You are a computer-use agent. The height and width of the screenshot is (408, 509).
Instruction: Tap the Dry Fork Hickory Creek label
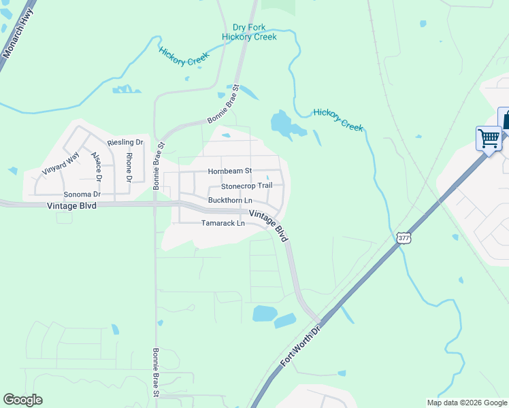point(249,32)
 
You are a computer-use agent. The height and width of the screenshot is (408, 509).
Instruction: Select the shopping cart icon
point(489,138)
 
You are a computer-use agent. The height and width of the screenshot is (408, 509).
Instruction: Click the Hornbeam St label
point(230,171)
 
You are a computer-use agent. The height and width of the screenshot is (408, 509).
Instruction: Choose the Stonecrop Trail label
point(246,186)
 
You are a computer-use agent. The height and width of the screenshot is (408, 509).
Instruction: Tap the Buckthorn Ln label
point(230,201)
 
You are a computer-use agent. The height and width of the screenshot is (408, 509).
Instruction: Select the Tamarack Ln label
point(223,223)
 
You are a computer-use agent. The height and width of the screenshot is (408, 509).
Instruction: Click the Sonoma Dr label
point(78,194)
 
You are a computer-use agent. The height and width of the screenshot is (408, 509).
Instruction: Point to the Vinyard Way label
point(60,163)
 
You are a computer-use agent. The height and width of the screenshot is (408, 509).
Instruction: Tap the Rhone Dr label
point(129,167)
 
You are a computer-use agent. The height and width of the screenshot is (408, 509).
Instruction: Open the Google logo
point(22,400)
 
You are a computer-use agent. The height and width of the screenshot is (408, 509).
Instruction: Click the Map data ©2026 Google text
point(467,403)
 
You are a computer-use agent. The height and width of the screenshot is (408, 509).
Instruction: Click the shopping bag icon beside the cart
point(506,118)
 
